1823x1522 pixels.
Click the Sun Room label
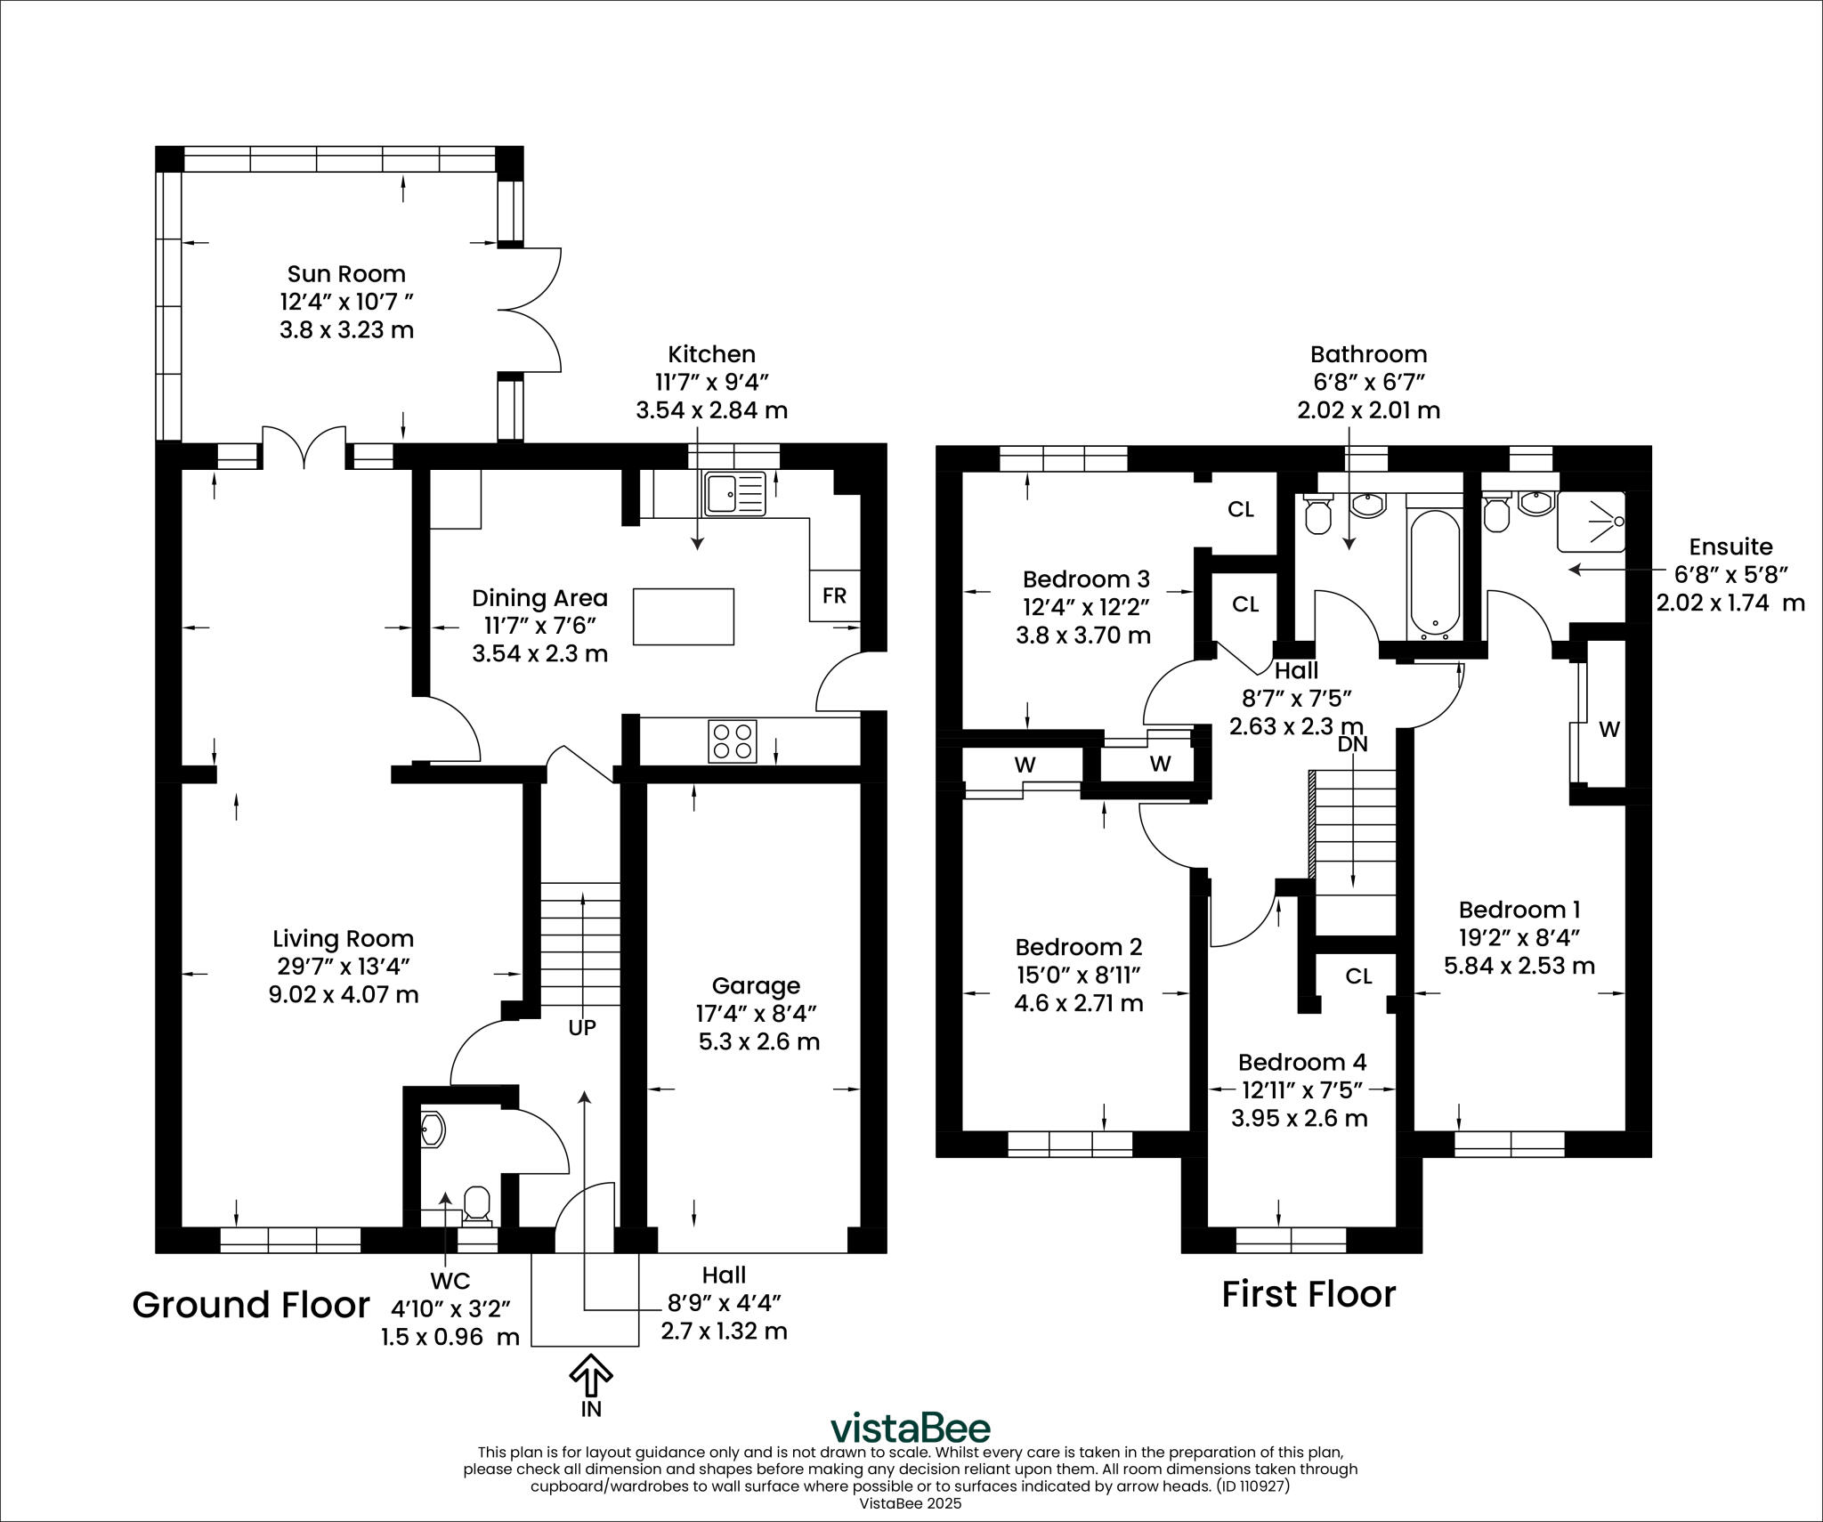(x=346, y=274)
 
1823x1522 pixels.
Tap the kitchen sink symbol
(x=734, y=494)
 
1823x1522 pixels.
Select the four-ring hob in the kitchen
(x=733, y=741)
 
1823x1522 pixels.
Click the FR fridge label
(x=834, y=595)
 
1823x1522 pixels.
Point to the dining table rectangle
(x=684, y=617)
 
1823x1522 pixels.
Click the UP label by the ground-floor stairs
(x=582, y=1027)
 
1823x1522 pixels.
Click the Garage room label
(x=756, y=985)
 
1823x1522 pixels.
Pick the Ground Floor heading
(x=251, y=1305)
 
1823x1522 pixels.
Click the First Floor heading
(x=1309, y=1294)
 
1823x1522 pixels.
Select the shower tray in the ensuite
(x=1592, y=522)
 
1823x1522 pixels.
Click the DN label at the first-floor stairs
(x=1353, y=743)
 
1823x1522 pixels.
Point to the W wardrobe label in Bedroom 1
(x=1608, y=729)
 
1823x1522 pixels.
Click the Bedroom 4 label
(x=1302, y=1062)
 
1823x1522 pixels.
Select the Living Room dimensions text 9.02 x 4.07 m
(x=344, y=994)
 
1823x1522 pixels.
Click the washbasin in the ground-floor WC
(x=433, y=1129)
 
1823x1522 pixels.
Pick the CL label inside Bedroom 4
(x=1358, y=976)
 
